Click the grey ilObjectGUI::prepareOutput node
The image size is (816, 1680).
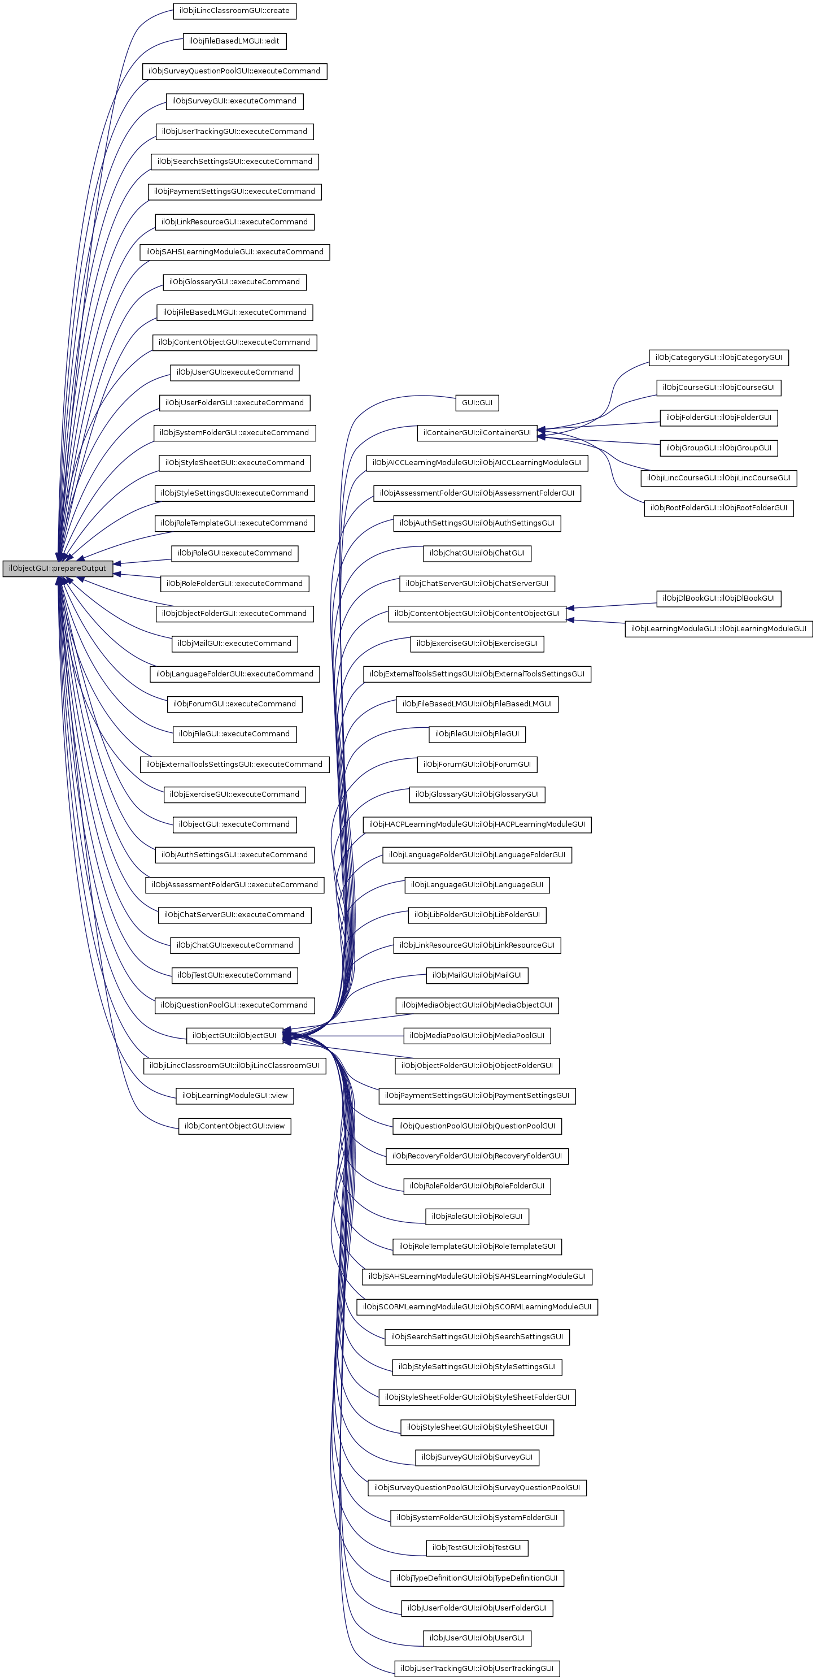click(58, 568)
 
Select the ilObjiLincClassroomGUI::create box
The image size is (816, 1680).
click(234, 10)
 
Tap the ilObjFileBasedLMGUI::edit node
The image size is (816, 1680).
click(234, 41)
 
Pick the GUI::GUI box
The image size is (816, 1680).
click(477, 402)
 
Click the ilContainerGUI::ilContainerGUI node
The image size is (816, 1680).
click(477, 432)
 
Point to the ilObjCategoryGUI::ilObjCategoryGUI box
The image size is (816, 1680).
click(718, 357)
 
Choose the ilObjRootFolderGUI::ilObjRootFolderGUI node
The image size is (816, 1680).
click(718, 507)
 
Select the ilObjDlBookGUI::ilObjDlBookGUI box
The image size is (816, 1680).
click(718, 598)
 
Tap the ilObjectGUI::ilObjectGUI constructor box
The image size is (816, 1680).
click(234, 1035)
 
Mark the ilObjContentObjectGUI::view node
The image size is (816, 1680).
click(234, 1126)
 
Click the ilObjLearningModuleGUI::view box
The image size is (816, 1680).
click(234, 1095)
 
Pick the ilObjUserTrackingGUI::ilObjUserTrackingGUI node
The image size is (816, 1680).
click(477, 1668)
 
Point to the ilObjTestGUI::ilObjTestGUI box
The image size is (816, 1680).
click(477, 1548)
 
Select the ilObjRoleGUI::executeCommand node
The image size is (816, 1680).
click(234, 553)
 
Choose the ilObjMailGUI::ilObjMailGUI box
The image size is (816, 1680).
click(477, 975)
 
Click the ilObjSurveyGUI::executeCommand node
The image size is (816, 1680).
click(234, 101)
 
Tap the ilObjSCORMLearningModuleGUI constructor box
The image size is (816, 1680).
click(477, 1306)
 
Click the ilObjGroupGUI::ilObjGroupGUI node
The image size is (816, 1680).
click(718, 448)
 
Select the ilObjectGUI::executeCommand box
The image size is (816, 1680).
click(234, 824)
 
